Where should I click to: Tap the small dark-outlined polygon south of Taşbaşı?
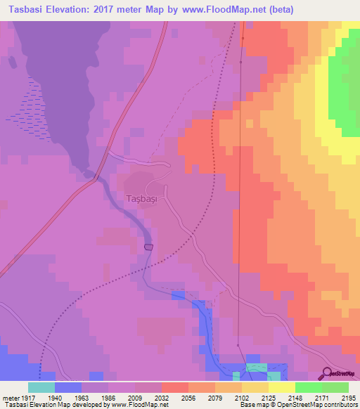(148, 247)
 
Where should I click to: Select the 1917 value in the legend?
(27, 397)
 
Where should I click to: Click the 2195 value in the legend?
(349, 397)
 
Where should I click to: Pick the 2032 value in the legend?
(162, 397)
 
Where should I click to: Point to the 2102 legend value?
(242, 397)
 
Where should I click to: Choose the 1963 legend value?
(82, 397)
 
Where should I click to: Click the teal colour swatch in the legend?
(41, 387)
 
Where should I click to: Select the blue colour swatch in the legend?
(67, 387)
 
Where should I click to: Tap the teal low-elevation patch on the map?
(257, 369)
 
